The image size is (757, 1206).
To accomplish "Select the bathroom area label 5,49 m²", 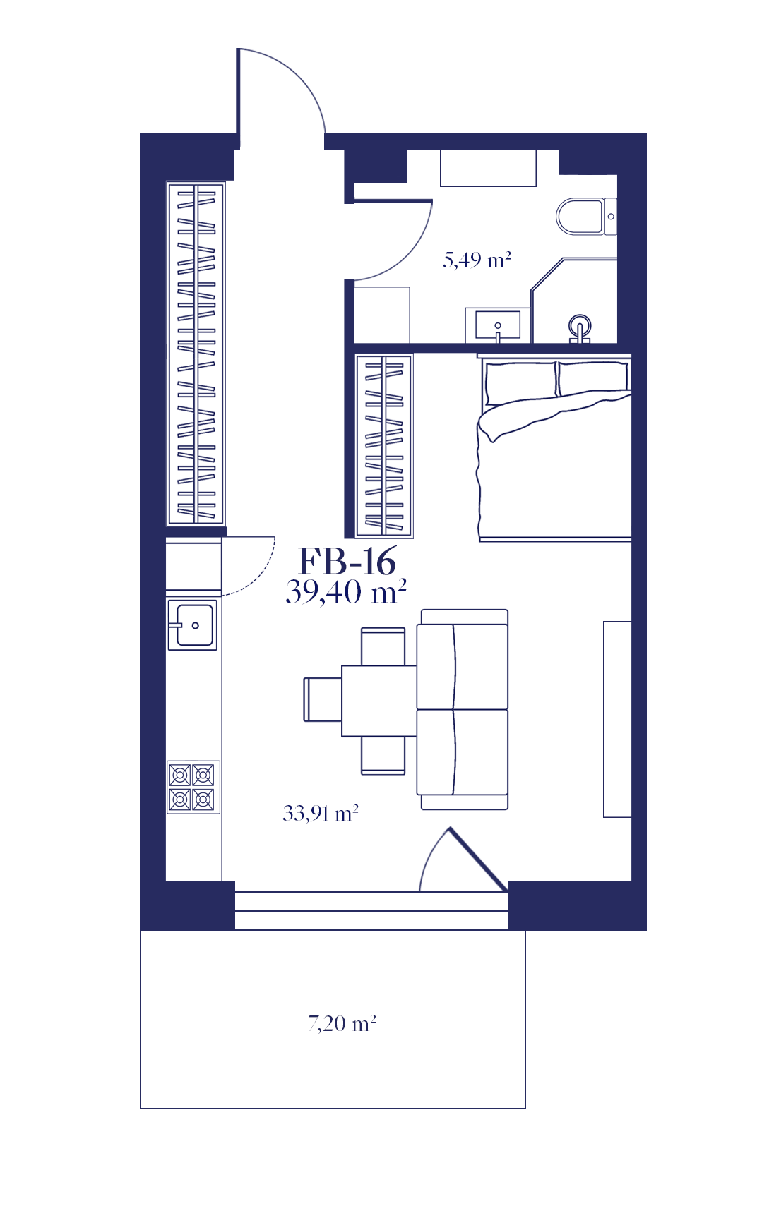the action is pyautogui.click(x=477, y=260).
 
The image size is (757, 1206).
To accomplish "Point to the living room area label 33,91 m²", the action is pyautogui.click(x=321, y=813).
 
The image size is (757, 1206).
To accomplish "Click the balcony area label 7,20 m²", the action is pyautogui.click(x=342, y=1023).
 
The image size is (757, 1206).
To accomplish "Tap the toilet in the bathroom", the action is pyautogui.click(x=586, y=217).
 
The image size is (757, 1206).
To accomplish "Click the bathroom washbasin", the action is pyautogui.click(x=498, y=325).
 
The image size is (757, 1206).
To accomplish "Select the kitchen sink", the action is pyautogui.click(x=192, y=625).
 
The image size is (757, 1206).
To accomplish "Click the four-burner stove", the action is pyautogui.click(x=193, y=787).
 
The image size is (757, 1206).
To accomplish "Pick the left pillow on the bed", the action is pyautogui.click(x=520, y=382).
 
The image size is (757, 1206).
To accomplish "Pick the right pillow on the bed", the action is pyautogui.click(x=592, y=378).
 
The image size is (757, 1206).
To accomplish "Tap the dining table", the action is pyautogui.click(x=379, y=701).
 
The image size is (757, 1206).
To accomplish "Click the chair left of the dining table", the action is pyautogui.click(x=322, y=699).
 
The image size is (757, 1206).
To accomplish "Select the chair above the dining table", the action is pyautogui.click(x=383, y=646).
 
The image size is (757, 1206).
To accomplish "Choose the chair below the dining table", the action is pyautogui.click(x=383, y=755).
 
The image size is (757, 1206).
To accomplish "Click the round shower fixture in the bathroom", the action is pyautogui.click(x=580, y=328).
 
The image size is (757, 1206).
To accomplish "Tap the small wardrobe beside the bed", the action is pyautogui.click(x=383, y=445).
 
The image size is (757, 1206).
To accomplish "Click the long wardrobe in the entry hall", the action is pyautogui.click(x=196, y=353).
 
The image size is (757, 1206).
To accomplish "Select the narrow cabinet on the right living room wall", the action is pyautogui.click(x=617, y=719).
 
